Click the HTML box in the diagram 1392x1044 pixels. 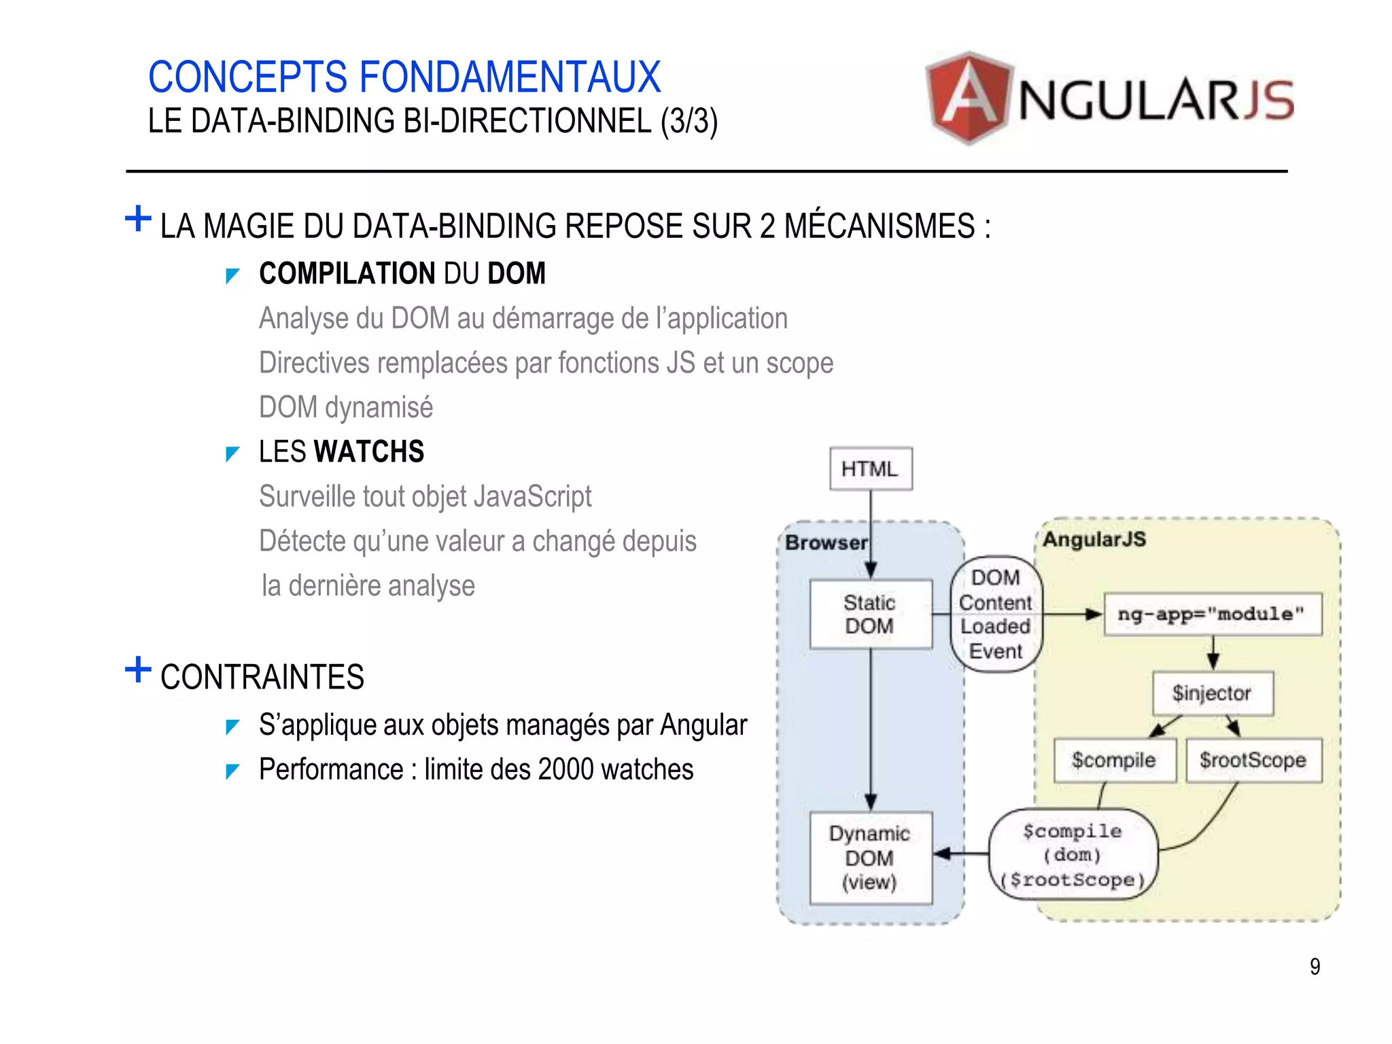coord(870,468)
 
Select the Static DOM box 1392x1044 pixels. coord(870,614)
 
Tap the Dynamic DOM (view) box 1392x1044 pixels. coord(870,858)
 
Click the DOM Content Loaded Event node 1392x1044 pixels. coord(996,614)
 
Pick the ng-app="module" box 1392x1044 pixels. coord(1212,614)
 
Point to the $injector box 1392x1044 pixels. coord(1212,693)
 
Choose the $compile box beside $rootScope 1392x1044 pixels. coord(1114,760)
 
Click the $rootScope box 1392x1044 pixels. coord(1253,760)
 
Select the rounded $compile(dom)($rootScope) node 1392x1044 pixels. coord(1073,855)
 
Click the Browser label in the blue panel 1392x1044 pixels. coord(826,542)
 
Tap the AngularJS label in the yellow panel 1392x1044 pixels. coord(1094,540)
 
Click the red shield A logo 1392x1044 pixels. coord(969,98)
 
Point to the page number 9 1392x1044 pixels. coord(1315,966)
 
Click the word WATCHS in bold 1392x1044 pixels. coord(369,452)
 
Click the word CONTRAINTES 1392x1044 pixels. coord(262,677)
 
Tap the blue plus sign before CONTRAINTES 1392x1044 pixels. coord(138,669)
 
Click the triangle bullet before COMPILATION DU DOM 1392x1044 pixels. coord(232,275)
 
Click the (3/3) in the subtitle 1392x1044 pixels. coord(689,122)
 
